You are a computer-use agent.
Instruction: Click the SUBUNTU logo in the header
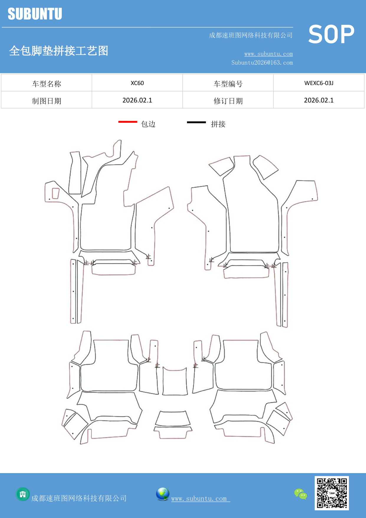coord(35,14)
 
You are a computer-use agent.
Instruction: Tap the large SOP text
coord(331,34)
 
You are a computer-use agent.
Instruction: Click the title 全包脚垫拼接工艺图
coord(59,51)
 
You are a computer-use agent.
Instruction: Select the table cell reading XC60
coord(137,83)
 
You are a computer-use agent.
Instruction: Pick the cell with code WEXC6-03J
coord(319,83)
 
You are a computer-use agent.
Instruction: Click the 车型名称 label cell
coord(47,84)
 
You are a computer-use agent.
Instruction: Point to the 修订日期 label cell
coord(228,101)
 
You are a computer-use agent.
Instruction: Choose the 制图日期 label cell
coord(47,101)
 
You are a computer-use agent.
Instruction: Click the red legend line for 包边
coord(128,122)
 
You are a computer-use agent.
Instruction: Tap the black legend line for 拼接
coord(196,122)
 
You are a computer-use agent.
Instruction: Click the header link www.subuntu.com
coord(268,54)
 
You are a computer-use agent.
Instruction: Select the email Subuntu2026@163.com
coord(262,63)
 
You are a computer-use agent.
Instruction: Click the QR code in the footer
coord(332,493)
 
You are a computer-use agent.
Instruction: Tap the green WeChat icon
coord(301,494)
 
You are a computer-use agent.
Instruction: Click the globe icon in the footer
coord(163,494)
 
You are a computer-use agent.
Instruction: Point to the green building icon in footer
coord(23,494)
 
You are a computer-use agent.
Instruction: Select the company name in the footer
coord(79,498)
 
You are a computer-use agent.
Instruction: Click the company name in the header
coord(251,35)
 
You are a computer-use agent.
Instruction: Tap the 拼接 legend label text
coord(218,124)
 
